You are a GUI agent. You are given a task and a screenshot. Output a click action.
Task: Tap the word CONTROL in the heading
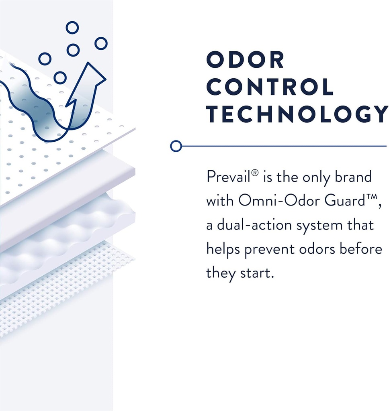(270, 87)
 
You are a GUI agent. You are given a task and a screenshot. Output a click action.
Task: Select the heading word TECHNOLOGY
(297, 114)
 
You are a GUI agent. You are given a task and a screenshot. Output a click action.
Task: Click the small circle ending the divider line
(176, 146)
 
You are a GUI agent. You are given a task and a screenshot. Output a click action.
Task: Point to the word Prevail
(228, 177)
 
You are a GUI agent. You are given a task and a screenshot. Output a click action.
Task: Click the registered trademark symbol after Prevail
(255, 173)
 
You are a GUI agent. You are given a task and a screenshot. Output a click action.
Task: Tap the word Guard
(344, 201)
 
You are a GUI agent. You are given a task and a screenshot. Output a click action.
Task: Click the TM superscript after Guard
(371, 197)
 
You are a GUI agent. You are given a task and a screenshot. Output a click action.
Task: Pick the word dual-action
(254, 225)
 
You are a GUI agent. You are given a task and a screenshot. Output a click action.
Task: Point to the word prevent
(270, 250)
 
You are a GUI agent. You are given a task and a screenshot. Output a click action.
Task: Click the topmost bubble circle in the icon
(72, 28)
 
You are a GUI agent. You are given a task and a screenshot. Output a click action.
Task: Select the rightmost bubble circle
(101, 43)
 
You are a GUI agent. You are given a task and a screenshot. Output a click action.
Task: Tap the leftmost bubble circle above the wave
(45, 59)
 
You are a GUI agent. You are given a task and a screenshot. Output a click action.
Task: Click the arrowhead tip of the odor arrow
(88, 62)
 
